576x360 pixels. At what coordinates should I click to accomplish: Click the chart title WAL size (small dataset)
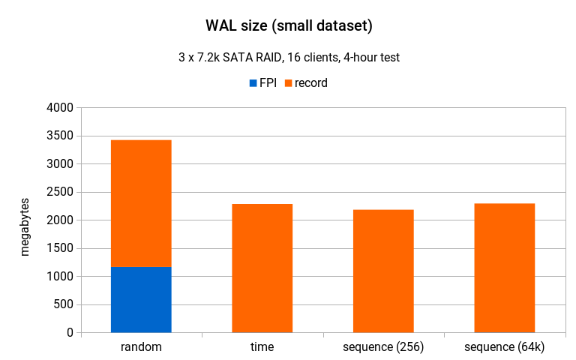[289, 26]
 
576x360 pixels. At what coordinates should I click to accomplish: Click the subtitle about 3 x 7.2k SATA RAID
[289, 58]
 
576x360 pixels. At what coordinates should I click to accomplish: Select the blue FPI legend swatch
[253, 83]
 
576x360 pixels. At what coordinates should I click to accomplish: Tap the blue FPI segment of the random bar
[141, 299]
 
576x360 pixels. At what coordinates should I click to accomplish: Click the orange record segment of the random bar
[141, 203]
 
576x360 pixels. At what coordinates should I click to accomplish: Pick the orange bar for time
[262, 268]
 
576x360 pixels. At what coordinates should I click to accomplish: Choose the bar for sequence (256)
[383, 271]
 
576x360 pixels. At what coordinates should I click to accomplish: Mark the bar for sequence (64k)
[505, 268]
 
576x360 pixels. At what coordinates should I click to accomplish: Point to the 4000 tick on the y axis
[59, 108]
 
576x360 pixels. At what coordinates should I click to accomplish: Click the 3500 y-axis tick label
[59, 136]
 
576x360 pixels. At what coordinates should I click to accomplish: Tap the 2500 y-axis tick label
[59, 192]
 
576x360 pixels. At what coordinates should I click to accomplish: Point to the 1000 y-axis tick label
[59, 276]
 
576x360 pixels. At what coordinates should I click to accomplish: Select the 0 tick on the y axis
[69, 332]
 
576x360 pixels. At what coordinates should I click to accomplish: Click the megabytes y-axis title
[25, 226]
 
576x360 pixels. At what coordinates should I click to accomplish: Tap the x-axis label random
[141, 347]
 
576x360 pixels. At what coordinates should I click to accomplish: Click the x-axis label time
[262, 347]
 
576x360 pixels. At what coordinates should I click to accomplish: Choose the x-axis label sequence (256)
[383, 347]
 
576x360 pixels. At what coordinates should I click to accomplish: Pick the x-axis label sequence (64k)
[505, 347]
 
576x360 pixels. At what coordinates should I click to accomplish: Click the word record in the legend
[311, 83]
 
